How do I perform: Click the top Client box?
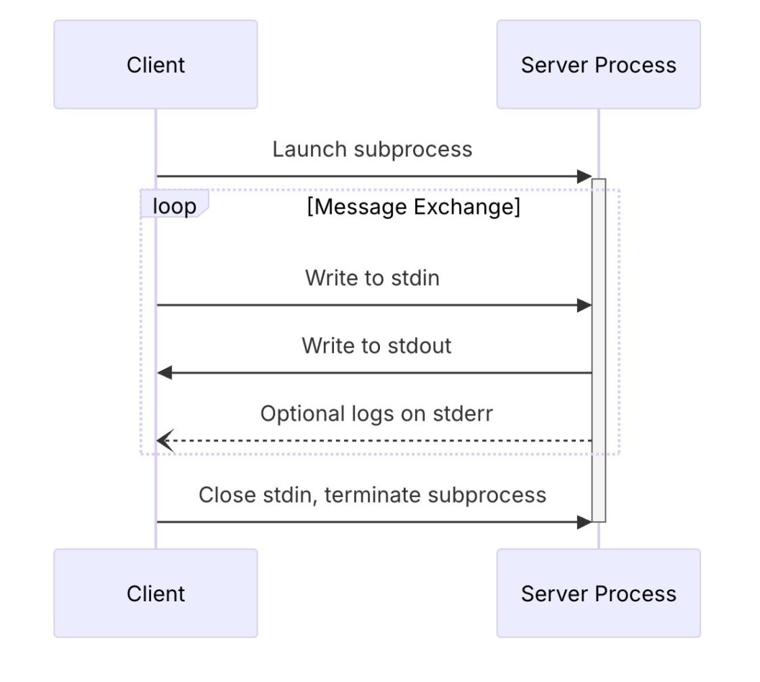155,65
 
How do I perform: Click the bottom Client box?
155,593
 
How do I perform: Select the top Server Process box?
598,65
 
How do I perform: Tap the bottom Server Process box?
598,593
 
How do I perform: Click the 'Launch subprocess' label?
372,149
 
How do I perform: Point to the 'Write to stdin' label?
372,278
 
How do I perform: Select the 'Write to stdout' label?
376,346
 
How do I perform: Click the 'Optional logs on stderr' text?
376,413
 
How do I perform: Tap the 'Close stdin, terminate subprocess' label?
372,495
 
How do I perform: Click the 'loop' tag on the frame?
173,207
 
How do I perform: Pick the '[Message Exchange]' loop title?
413,207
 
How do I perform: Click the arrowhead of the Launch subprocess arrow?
584,176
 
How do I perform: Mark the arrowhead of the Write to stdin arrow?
584,305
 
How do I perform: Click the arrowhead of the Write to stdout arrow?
165,373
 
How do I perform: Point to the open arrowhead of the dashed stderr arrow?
165,441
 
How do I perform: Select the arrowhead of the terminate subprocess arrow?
584,522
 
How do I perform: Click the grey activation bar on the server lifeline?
598,346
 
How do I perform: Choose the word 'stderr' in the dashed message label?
463,413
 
